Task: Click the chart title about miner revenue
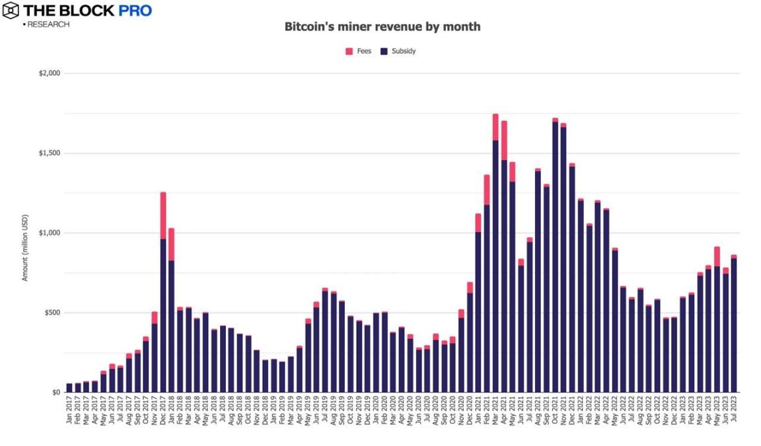tap(382, 27)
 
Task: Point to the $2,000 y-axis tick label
tap(49, 73)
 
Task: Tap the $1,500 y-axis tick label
tap(49, 153)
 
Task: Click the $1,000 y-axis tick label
tap(49, 233)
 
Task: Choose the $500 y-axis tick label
tap(52, 313)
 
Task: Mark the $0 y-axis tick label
tap(55, 392)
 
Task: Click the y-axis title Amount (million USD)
tap(25, 248)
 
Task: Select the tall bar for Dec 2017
tap(163, 311)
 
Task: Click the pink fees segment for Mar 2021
tap(495, 127)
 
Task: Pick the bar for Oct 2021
tap(555, 258)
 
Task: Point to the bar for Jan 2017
tap(69, 388)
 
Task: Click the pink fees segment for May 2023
tap(717, 256)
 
